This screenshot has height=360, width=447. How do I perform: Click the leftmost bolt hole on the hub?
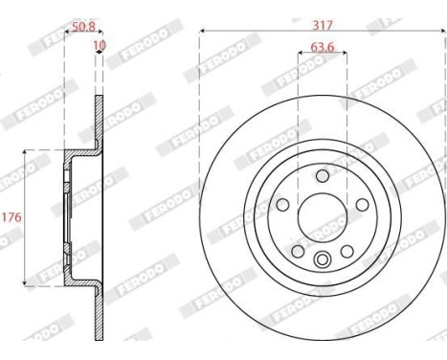283,205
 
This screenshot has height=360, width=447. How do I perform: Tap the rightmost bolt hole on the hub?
362,205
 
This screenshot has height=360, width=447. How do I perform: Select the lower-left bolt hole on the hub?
298,250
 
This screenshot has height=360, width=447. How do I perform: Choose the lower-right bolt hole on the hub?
347,250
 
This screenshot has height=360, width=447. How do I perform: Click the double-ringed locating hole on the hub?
323,258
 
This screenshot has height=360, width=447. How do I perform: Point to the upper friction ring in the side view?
98,120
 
